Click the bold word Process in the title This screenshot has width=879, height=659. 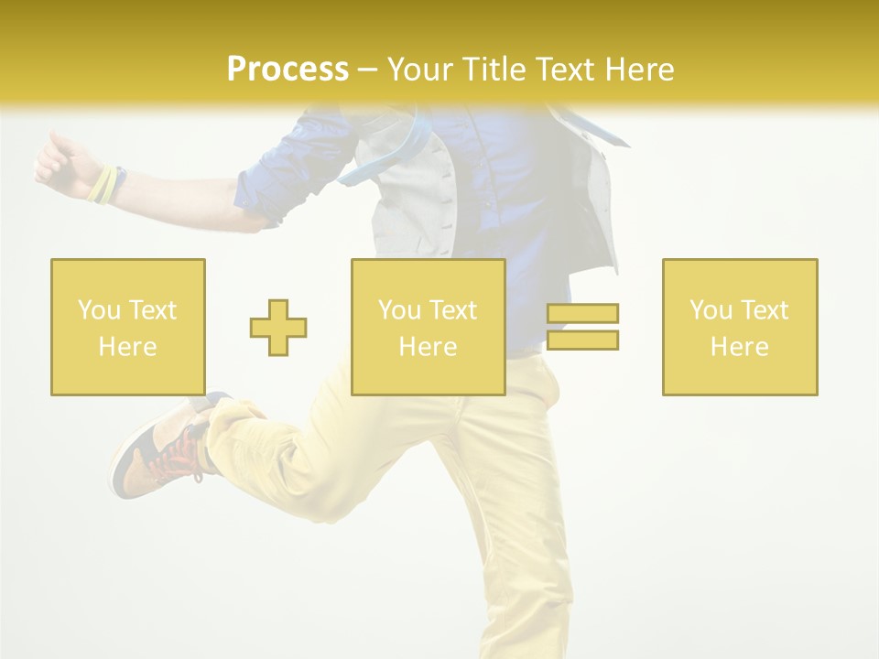[288, 69]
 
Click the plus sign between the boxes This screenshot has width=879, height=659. [278, 327]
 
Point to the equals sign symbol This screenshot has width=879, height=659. [582, 327]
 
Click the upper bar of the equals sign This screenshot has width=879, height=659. [582, 314]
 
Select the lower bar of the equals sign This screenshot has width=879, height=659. [582, 340]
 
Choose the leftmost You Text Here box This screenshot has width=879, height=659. [127, 327]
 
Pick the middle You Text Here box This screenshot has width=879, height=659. [428, 327]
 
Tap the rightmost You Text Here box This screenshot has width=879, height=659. [739, 327]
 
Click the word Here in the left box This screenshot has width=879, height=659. [127, 347]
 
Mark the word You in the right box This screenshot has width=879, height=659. [710, 310]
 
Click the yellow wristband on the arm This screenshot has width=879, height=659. [103, 184]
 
